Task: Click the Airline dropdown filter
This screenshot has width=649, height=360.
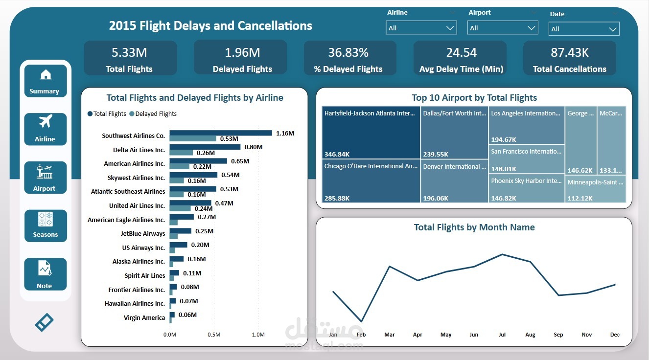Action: tap(421, 28)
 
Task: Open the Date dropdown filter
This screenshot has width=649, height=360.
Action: tap(583, 29)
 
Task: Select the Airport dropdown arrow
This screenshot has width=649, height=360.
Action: tap(532, 28)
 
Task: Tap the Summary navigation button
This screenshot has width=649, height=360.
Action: tap(45, 81)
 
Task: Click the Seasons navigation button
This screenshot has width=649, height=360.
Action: tap(45, 226)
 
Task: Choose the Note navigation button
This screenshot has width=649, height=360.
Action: tap(45, 274)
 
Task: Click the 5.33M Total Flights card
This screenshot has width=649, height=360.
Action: tap(130, 58)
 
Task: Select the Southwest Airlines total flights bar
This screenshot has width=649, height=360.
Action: tap(220, 133)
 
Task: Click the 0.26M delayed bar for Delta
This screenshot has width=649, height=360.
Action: tap(181, 153)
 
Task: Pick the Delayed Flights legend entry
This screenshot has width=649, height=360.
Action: tap(153, 114)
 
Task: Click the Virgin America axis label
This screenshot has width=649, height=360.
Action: tap(144, 318)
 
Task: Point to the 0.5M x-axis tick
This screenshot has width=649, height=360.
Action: tap(214, 335)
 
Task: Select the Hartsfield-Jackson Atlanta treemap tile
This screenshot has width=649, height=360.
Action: tap(371, 133)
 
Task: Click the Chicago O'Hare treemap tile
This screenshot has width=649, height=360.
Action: tap(371, 181)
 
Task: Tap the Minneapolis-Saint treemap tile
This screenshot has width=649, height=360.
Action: tap(595, 189)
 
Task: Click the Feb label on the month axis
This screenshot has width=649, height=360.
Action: tap(361, 335)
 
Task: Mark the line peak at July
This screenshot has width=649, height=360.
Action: tap(502, 254)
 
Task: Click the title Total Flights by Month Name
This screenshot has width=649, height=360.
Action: tap(474, 227)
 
